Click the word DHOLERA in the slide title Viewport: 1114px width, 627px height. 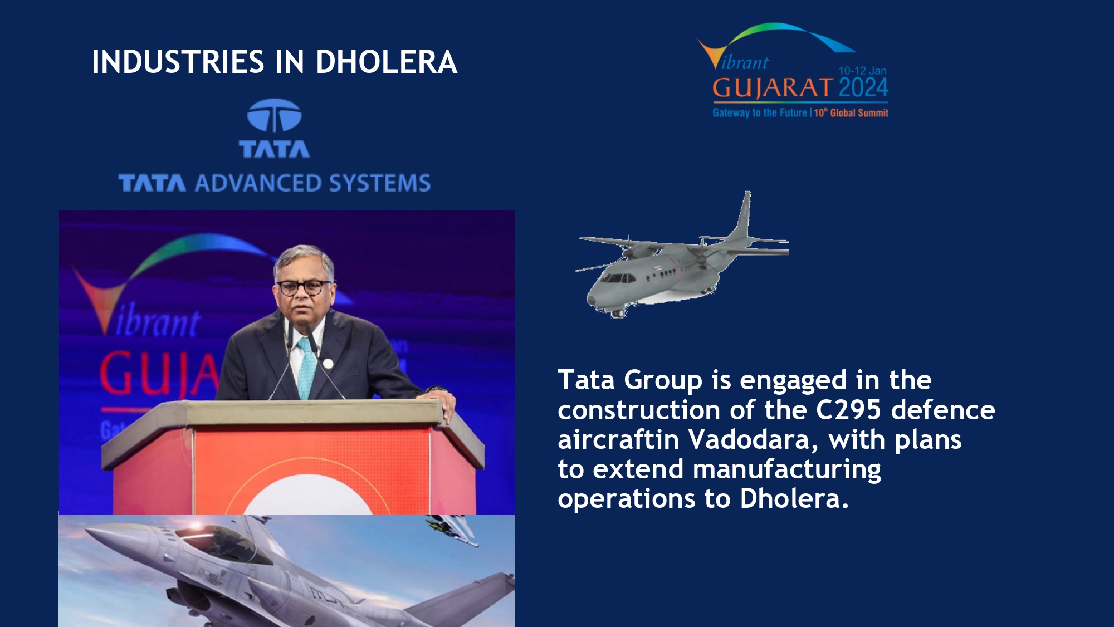tap(387, 62)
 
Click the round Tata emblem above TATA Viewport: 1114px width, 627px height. tap(274, 115)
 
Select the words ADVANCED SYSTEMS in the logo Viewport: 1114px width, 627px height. tap(312, 183)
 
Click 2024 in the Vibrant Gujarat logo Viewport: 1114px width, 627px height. tap(863, 88)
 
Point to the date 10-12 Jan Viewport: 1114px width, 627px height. tap(862, 71)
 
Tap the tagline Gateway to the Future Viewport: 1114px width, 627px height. tap(759, 113)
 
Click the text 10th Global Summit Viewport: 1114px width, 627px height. tap(851, 113)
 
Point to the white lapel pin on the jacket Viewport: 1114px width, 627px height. tap(328, 364)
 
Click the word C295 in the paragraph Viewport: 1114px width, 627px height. tap(848, 410)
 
